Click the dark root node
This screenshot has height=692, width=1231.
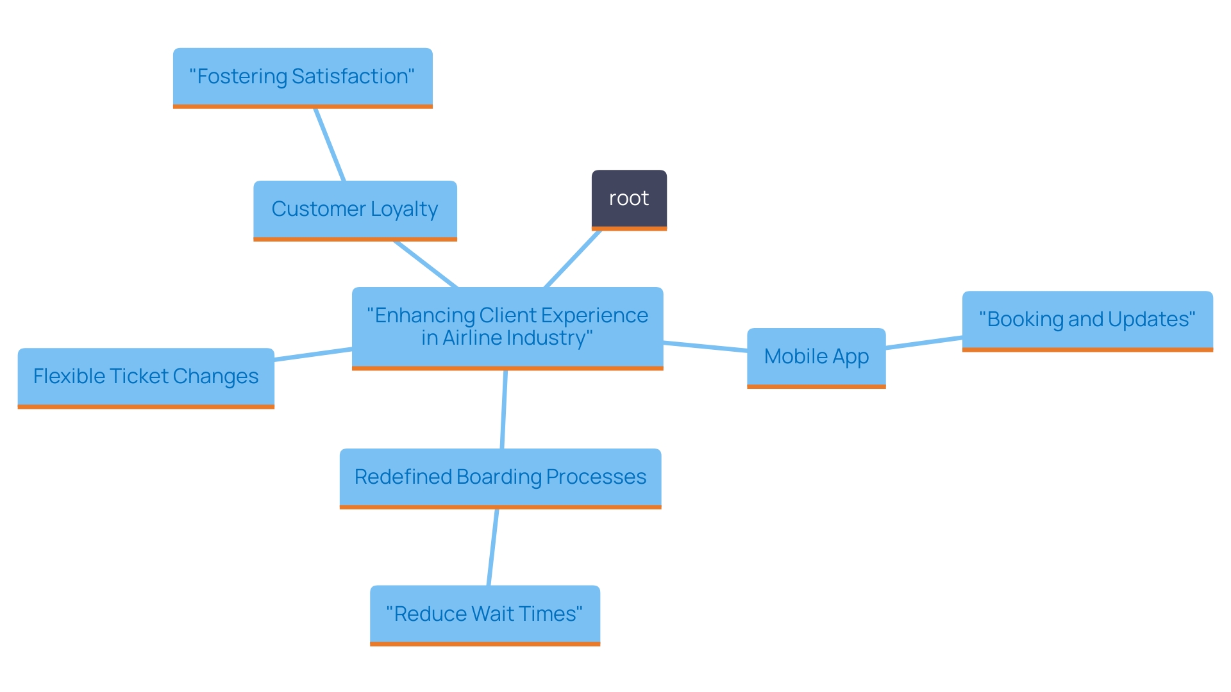coord(629,199)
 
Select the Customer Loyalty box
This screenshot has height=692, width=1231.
coord(355,210)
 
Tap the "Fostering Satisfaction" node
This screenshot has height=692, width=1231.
coord(303,77)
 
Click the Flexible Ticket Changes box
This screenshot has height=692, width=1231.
coord(146,377)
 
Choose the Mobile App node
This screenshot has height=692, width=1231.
coord(816,357)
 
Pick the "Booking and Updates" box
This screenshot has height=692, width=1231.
coord(1087,320)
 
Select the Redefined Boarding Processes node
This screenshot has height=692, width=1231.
coord(500,477)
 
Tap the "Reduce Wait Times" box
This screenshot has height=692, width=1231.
coord(485,614)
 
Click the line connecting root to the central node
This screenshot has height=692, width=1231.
coord(573,259)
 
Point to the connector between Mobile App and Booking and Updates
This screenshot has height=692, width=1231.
coord(924,343)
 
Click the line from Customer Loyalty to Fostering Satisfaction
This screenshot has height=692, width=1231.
coord(330,145)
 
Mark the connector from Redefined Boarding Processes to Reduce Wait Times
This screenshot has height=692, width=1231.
coord(493,547)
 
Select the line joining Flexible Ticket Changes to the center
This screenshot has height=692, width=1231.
coord(313,354)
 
